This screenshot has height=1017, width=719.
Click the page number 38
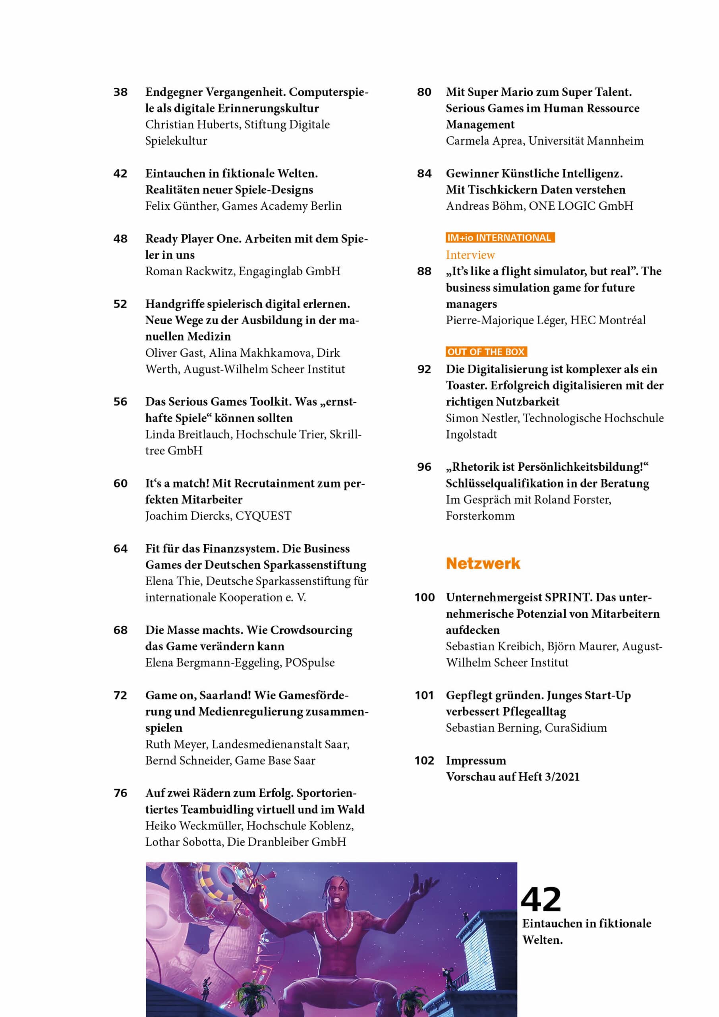click(x=120, y=92)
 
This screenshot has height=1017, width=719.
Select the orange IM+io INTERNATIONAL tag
click(x=500, y=238)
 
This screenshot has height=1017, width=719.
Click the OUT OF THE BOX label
click(x=486, y=352)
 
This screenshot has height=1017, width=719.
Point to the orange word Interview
click(x=470, y=255)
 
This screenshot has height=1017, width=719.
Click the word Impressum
click(x=475, y=760)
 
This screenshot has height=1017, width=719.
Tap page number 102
click(x=424, y=760)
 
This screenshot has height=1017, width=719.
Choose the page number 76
click(x=120, y=793)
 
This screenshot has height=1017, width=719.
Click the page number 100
click(x=424, y=597)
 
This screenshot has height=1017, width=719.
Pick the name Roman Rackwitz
click(x=189, y=271)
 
